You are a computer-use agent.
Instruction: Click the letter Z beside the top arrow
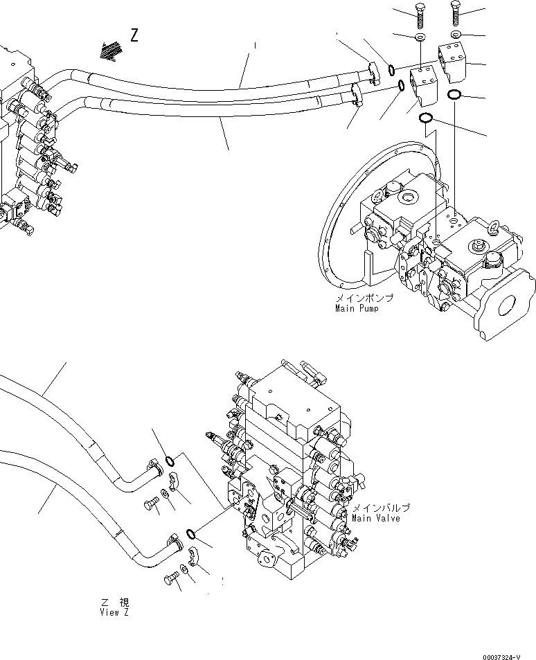coord(134,35)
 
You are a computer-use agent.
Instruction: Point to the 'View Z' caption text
coord(114,612)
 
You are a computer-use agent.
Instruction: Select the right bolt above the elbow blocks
coord(455,13)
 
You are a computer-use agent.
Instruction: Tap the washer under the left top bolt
coord(420,36)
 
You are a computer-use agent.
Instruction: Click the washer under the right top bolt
coord(455,34)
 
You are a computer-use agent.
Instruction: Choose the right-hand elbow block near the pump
coord(454,62)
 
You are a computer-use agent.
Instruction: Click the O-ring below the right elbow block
coord(456,94)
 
